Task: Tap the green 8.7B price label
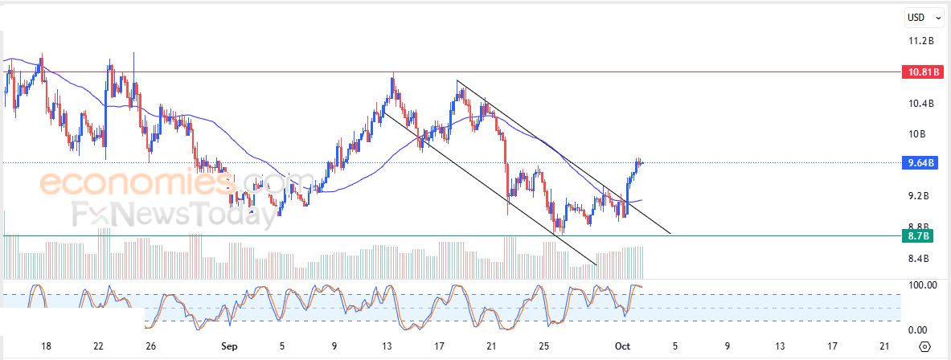point(920,236)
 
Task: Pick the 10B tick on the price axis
point(918,134)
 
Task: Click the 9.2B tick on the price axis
point(920,196)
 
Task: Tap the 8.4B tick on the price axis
point(920,259)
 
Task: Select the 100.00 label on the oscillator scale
point(921,285)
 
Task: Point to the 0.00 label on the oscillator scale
point(918,330)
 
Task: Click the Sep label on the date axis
point(230,346)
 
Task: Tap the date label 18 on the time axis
point(46,346)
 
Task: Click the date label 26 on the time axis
point(150,346)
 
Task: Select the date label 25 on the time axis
point(543,346)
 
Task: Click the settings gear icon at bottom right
point(925,346)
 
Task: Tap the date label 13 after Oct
point(779,346)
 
